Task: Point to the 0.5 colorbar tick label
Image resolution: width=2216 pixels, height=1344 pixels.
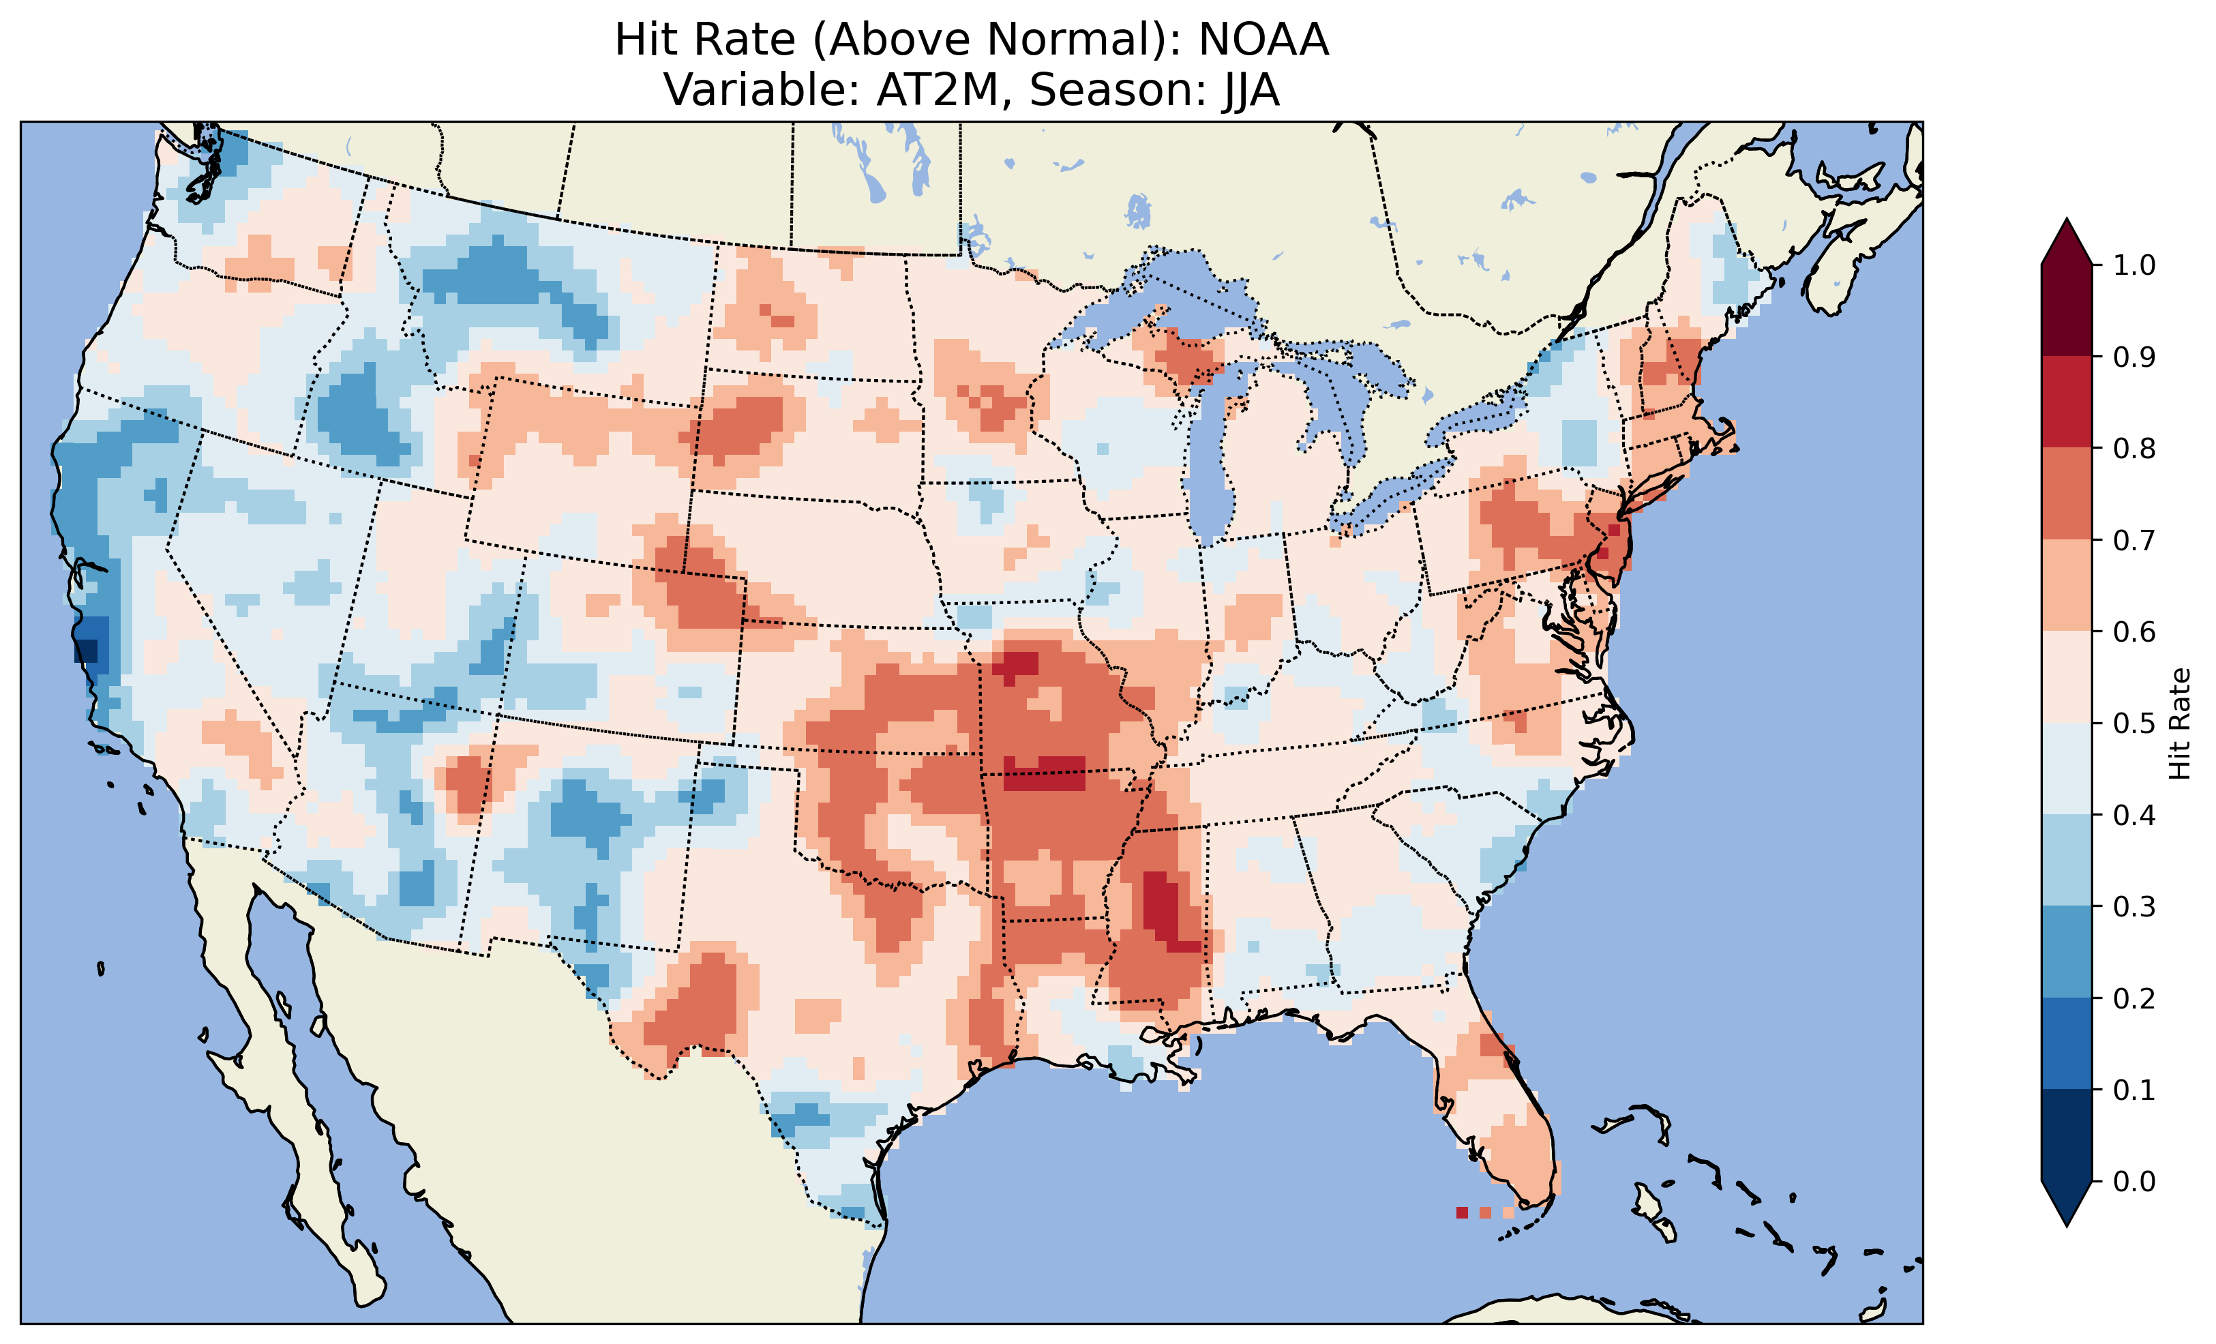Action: (2134, 723)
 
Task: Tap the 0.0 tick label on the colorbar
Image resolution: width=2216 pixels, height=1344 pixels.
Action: (2134, 1181)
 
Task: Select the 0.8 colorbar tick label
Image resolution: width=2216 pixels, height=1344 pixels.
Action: (2134, 448)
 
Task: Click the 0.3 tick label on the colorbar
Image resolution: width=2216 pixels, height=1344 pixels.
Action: (2134, 907)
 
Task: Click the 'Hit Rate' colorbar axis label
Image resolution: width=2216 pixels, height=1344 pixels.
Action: (2180, 723)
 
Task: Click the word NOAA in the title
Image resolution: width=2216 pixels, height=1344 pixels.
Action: (1263, 40)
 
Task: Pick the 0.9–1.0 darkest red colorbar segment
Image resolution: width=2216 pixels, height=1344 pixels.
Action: (2067, 310)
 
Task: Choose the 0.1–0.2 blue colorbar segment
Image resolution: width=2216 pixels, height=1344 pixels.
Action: (2067, 1043)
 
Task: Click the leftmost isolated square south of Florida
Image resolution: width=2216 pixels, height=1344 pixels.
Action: (1461, 1212)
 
